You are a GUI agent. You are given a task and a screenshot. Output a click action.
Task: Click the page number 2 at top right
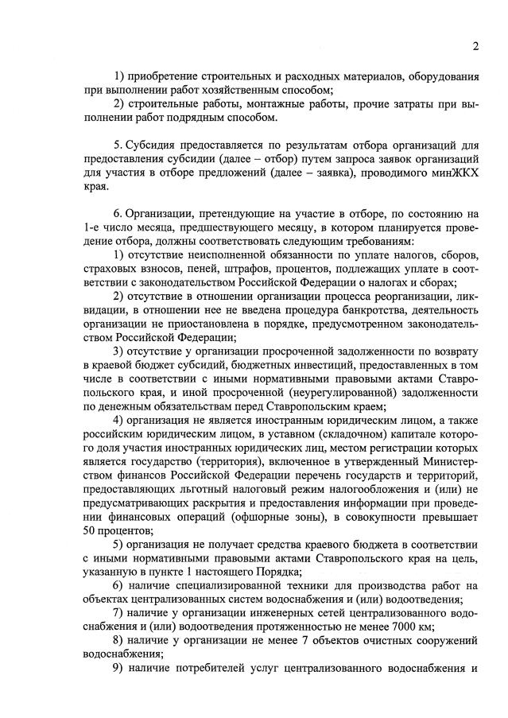[x=474, y=45]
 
